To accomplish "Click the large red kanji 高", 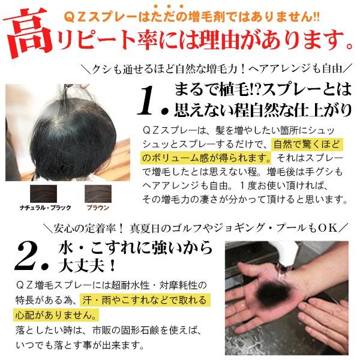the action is pyautogui.click(x=28, y=32).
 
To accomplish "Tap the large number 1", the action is pyautogui.click(x=146, y=101).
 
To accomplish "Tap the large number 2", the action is pyautogui.click(x=27, y=257).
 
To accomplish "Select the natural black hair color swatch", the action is pyautogui.click(x=43, y=194).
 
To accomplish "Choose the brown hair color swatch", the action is pyautogui.click(x=98, y=194).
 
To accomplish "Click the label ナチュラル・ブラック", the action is pyautogui.click(x=45, y=208).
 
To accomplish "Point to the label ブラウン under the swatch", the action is pyautogui.click(x=98, y=208).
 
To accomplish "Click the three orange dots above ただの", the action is pyautogui.click(x=169, y=7).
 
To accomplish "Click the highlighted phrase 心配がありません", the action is pyautogui.click(x=56, y=315).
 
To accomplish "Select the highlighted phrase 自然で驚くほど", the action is pyautogui.click(x=307, y=145).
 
